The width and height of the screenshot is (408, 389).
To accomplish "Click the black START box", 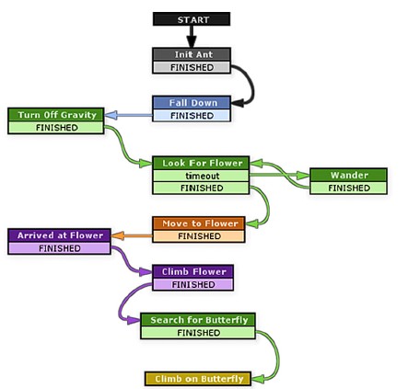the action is pyautogui.click(x=192, y=19).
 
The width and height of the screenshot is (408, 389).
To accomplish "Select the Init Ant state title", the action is pyautogui.click(x=192, y=54).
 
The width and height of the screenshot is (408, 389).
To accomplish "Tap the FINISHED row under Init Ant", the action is pyautogui.click(x=192, y=67).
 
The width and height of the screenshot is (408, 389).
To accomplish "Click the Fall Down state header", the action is pyautogui.click(x=192, y=103).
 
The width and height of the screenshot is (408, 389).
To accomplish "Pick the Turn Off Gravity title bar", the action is pyautogui.click(x=56, y=115).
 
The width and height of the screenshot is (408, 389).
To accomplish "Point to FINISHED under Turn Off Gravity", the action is pyautogui.click(x=56, y=128).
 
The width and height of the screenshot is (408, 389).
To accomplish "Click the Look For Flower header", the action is pyautogui.click(x=201, y=163).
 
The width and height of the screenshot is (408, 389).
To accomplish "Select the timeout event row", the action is pyautogui.click(x=201, y=176).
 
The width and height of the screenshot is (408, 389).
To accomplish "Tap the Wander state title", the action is pyautogui.click(x=348, y=175).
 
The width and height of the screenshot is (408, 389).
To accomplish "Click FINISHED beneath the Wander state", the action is pyautogui.click(x=348, y=188).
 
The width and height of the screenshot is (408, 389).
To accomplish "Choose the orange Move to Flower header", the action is pyautogui.click(x=199, y=223).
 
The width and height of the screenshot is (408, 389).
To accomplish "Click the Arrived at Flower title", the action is pyautogui.click(x=59, y=235).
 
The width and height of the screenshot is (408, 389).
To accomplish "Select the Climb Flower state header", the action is pyautogui.click(x=192, y=271).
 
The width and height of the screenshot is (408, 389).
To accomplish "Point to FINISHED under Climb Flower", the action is pyautogui.click(x=192, y=284).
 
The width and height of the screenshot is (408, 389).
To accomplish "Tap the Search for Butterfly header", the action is pyautogui.click(x=198, y=320).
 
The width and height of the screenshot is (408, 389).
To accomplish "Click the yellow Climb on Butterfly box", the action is pyautogui.click(x=198, y=379).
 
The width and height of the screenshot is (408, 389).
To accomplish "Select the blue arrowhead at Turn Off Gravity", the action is pyautogui.click(x=111, y=115).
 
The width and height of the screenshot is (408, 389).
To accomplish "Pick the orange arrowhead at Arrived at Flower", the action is pyautogui.click(x=117, y=235).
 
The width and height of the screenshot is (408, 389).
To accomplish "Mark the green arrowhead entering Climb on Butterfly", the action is pyautogui.click(x=258, y=379).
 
